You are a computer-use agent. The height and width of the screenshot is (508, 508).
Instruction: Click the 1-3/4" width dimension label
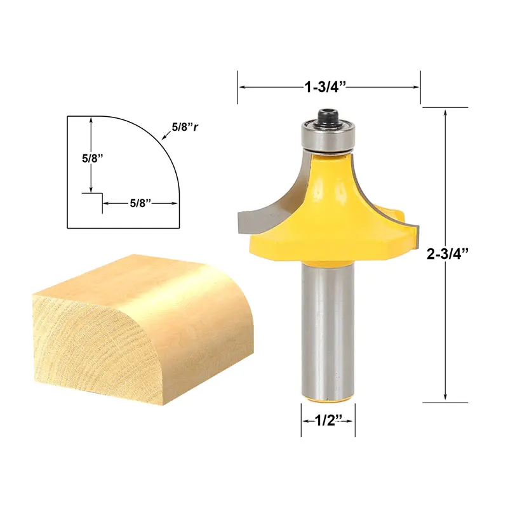pos(329,87)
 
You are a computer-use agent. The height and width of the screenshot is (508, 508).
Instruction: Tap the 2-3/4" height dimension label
pos(448,255)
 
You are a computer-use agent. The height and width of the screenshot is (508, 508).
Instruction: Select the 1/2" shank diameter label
pos(328,420)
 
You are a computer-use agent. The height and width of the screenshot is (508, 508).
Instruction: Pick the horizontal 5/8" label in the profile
pos(140,203)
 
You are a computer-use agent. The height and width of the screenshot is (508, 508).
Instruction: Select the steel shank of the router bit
pos(328,330)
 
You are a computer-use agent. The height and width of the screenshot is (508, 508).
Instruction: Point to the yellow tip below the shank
pos(328,399)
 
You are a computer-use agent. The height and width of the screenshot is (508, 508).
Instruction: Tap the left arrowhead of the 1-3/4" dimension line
pos(242,87)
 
